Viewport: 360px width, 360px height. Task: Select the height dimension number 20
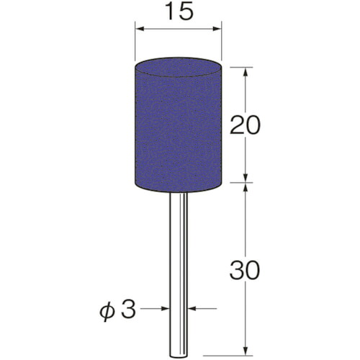tap(245, 125)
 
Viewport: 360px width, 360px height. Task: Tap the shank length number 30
tap(245, 271)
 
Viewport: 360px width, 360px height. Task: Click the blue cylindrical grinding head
tap(178, 125)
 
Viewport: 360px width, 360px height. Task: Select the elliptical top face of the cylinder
tap(178, 67)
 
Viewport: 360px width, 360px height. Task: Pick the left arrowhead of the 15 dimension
tap(140, 29)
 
